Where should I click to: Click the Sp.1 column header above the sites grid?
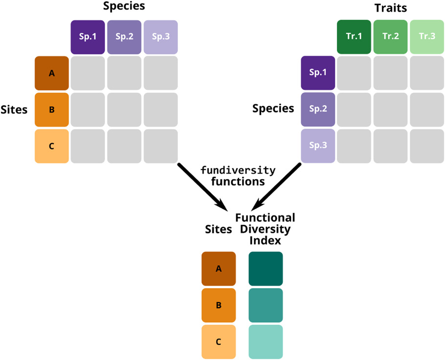tap(88, 37)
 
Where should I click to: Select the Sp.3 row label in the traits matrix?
tap(318, 146)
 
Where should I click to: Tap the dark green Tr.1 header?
tap(354, 37)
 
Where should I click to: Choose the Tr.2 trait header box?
tap(390, 37)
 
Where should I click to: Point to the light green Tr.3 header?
tap(426, 37)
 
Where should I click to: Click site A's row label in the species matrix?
tap(51, 73)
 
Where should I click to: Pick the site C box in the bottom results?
tap(219, 342)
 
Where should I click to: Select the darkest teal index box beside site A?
tap(266, 269)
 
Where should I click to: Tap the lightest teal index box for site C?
tap(266, 342)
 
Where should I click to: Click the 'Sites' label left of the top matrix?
tap(15, 109)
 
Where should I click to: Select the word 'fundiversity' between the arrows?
tap(238, 170)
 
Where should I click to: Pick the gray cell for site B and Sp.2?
tap(124, 109)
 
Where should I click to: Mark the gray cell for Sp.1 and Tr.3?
tap(426, 73)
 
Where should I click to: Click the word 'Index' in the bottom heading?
tap(265, 240)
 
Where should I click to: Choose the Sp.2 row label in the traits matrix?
tap(318, 109)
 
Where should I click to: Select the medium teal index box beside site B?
tap(266, 305)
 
